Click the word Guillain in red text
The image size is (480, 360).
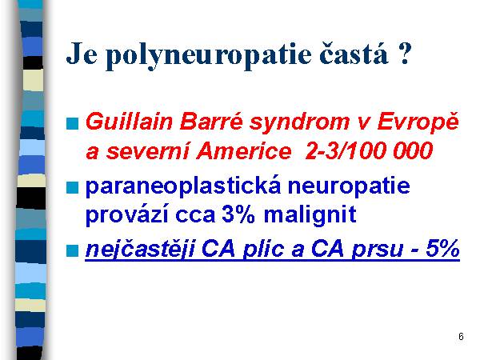pyautogui.click(x=130, y=122)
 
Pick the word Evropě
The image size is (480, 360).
pyautogui.click(x=418, y=122)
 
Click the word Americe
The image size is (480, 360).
pyautogui.click(x=244, y=151)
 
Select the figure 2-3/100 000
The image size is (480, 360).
pyautogui.click(x=369, y=151)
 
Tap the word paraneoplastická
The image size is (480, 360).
pyautogui.click(x=183, y=186)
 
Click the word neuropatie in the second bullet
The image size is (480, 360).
pyautogui.click(x=349, y=186)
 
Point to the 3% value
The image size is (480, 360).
pyautogui.click(x=238, y=214)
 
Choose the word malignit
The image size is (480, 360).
pyautogui.click(x=310, y=215)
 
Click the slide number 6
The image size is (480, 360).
pyautogui.click(x=461, y=337)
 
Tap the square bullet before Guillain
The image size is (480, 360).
pyautogui.click(x=73, y=124)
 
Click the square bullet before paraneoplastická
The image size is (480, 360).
pyautogui.click(x=73, y=187)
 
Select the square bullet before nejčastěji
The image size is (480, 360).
pyautogui.click(x=73, y=250)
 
